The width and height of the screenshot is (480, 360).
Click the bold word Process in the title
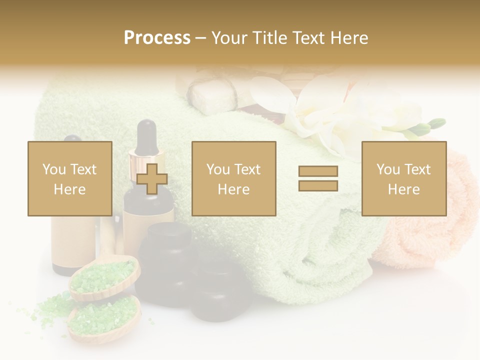157,38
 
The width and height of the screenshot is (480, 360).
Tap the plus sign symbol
152,179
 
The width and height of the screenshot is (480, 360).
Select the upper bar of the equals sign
318,171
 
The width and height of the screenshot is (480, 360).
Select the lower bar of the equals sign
318,186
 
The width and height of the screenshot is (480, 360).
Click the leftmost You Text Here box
70,178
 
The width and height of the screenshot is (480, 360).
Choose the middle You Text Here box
234,178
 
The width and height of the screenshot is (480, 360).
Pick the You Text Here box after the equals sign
404,178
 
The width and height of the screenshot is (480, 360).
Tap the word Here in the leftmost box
70,189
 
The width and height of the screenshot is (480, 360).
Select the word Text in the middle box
246,169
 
